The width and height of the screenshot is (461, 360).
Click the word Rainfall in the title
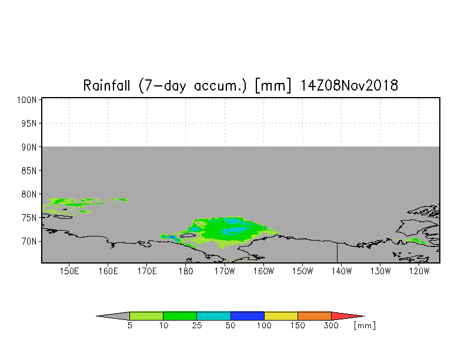point(106,86)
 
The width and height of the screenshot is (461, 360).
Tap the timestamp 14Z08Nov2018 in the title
point(349,86)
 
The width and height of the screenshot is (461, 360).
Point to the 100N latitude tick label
point(27,100)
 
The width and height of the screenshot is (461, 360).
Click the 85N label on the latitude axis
point(29,171)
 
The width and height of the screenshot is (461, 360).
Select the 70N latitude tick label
point(29,241)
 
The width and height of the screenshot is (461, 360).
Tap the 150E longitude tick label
point(69,271)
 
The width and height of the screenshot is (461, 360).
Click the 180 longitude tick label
point(186,271)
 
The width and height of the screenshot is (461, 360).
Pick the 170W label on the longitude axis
point(225,271)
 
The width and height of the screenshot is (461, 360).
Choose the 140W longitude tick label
point(341,271)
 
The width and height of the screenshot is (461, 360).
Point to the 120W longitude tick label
point(419,271)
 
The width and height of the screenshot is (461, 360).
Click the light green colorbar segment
point(146,316)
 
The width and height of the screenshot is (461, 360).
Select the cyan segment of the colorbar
point(214,316)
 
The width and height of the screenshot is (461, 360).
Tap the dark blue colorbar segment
point(248,316)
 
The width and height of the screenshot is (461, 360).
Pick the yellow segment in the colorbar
point(281,316)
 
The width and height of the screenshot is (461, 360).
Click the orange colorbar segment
point(315,316)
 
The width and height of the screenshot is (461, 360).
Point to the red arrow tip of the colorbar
point(365,316)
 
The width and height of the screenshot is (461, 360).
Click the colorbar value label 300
point(332,326)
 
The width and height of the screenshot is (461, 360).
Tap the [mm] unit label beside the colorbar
point(365,326)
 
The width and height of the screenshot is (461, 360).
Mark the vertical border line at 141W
point(338,253)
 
